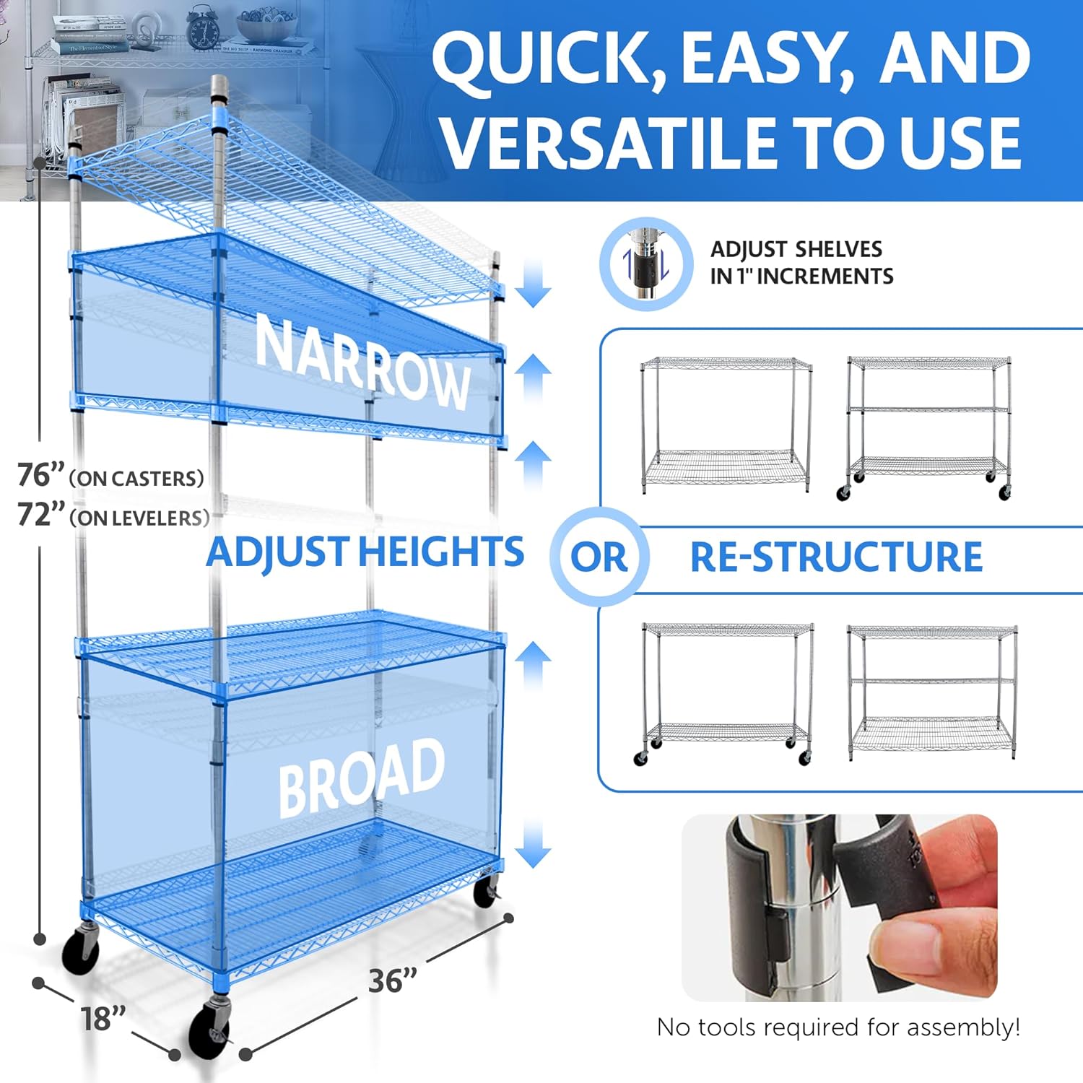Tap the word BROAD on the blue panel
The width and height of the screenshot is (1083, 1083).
click(361, 778)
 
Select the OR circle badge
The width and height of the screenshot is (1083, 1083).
click(599, 557)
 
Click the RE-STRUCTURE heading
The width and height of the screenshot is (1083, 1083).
click(836, 557)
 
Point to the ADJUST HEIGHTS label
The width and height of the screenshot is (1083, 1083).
click(365, 552)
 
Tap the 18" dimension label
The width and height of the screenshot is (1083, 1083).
click(103, 1019)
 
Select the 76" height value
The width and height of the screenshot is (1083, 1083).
click(41, 475)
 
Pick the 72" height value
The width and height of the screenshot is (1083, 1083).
click(41, 515)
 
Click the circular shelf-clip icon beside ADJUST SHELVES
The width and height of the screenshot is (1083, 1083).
click(646, 264)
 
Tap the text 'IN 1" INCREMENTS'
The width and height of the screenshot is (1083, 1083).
click(801, 276)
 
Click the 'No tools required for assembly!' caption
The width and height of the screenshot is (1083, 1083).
click(838, 1027)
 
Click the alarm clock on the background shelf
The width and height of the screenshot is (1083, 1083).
click(203, 27)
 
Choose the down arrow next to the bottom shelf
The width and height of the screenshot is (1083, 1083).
click(534, 844)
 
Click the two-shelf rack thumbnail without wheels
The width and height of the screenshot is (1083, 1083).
click(726, 425)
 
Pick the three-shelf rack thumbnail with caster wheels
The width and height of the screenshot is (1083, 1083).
click(928, 427)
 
